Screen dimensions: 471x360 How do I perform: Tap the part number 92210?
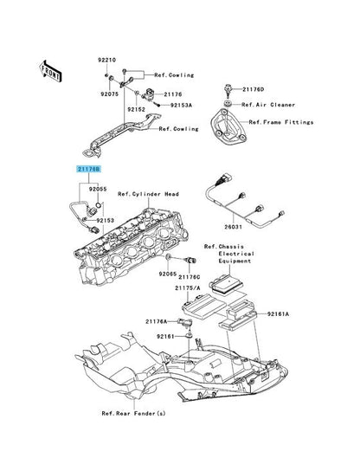(x=106, y=59)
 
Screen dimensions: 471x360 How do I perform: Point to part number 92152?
(x=136, y=110)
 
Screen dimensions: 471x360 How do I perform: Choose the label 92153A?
(x=180, y=106)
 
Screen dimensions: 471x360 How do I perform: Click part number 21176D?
(x=254, y=88)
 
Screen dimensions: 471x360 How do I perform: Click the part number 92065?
(x=168, y=274)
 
